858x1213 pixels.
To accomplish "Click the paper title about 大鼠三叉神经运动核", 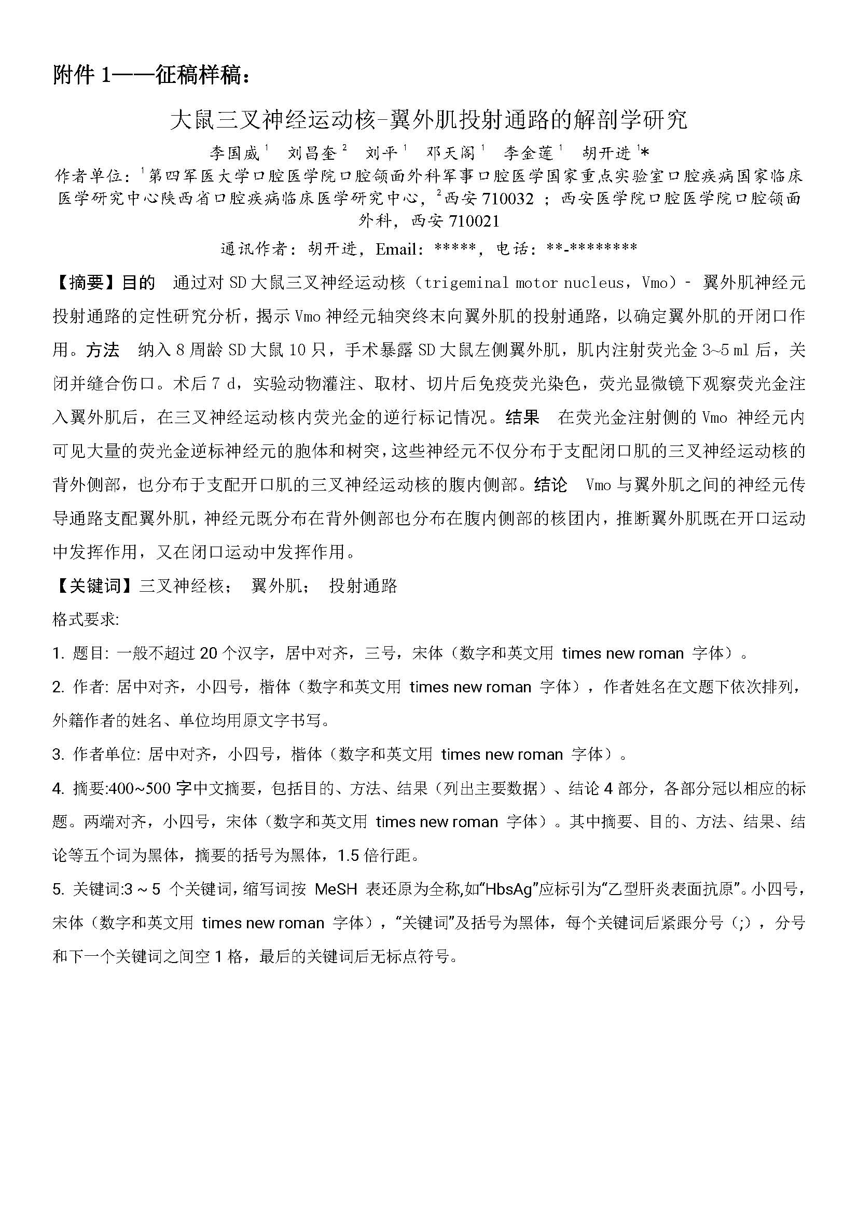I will point(428,120).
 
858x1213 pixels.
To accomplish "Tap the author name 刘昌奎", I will point(312,154).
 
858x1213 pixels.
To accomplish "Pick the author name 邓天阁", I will point(451,154).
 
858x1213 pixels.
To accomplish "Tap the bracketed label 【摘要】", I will point(87,283).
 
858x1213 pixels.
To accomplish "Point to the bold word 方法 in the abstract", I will point(103,350).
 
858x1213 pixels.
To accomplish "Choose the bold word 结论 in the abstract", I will point(550,484).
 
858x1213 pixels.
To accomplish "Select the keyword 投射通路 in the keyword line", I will point(363,586).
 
